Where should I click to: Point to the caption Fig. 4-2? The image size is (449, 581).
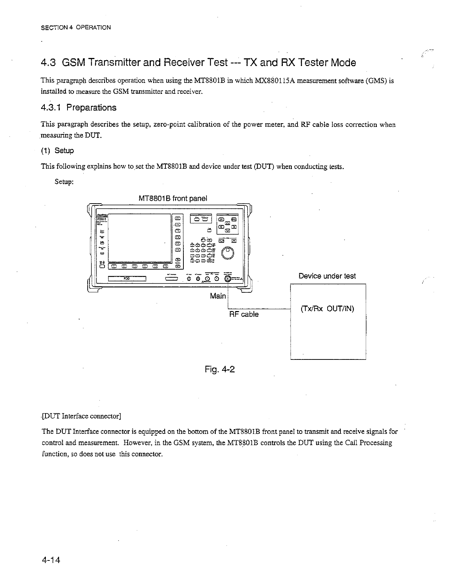click(x=219, y=369)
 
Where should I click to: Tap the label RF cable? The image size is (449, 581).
click(x=244, y=314)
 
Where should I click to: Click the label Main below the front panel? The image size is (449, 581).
click(x=218, y=296)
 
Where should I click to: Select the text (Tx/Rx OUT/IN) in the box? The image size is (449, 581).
click(x=327, y=309)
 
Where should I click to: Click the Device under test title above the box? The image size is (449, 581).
click(x=327, y=276)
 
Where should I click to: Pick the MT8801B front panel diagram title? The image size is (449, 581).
click(x=173, y=198)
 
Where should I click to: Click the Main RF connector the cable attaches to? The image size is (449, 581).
click(x=228, y=279)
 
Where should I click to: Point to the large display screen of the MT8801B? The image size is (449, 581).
click(x=140, y=237)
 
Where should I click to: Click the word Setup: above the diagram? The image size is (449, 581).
click(x=64, y=182)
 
